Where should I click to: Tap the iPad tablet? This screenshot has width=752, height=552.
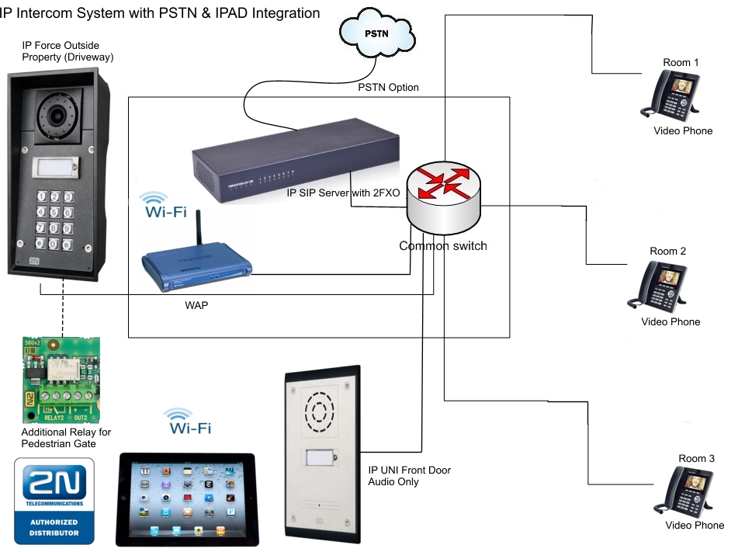click(x=186, y=498)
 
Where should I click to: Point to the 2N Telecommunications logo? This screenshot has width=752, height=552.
click(x=54, y=501)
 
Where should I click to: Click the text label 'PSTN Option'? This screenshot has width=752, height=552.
click(x=388, y=88)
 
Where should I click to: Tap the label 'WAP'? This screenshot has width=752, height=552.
click(x=196, y=306)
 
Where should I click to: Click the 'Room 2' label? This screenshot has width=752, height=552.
click(x=667, y=252)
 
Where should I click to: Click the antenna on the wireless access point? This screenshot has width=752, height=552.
click(x=196, y=229)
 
